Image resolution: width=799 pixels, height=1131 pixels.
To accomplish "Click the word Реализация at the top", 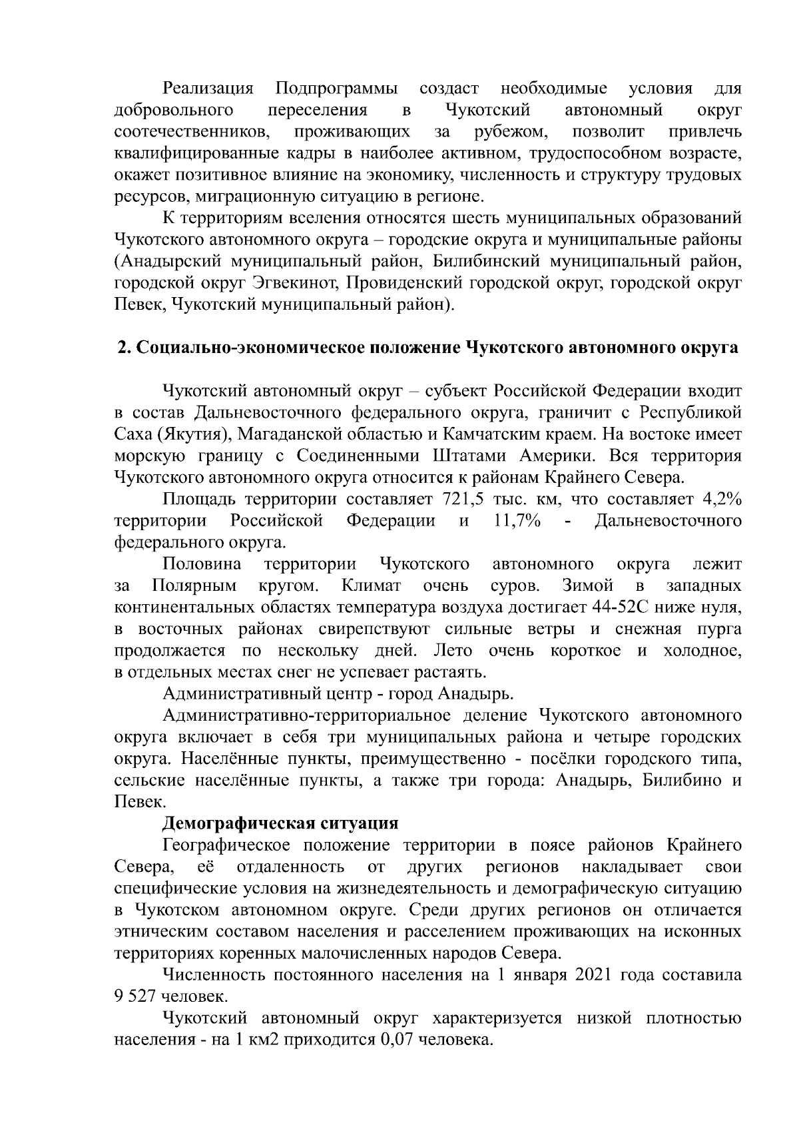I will (x=208, y=89).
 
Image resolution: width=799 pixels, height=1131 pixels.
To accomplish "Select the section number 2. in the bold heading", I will (x=124, y=348).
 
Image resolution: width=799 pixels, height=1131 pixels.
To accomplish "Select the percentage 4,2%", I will (x=722, y=499).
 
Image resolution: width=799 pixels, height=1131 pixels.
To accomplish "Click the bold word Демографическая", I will (x=238, y=823).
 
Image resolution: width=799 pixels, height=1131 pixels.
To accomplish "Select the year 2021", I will (x=593, y=975).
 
